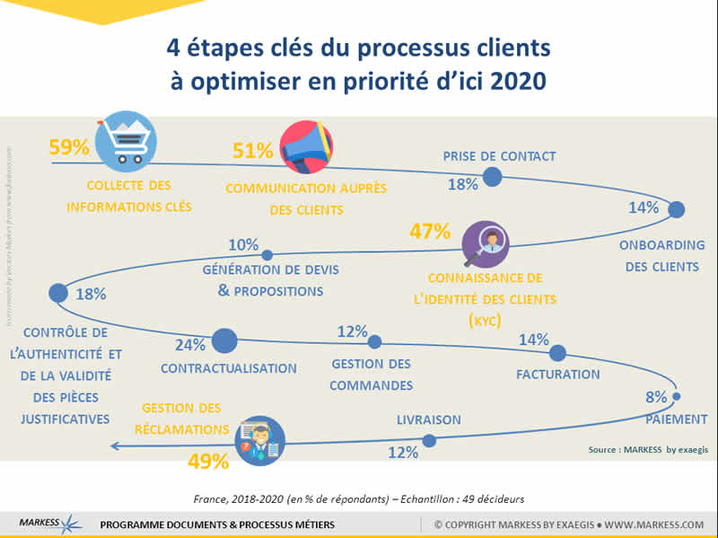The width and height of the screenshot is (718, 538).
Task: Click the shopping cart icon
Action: (121, 143)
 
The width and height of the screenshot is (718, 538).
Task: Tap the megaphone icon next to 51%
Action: (305, 146)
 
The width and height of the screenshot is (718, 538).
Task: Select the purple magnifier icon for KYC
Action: (488, 243)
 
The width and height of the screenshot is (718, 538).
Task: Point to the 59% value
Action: (69, 146)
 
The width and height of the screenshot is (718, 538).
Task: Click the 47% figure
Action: (429, 232)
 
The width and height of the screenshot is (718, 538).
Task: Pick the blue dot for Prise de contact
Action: (492, 178)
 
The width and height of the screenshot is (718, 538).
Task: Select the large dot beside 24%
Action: (224, 340)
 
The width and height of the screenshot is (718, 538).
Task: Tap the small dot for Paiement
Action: (676, 396)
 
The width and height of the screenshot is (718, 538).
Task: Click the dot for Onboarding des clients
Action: (677, 209)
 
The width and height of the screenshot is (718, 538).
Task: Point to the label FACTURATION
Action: (558, 374)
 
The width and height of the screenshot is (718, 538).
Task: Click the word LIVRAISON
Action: (429, 419)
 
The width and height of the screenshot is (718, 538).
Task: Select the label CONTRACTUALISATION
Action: (228, 368)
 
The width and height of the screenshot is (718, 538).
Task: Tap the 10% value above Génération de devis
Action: (243, 244)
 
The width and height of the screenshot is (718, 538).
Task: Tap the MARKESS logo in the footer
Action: (49, 524)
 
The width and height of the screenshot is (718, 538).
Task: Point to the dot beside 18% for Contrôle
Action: (58, 292)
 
